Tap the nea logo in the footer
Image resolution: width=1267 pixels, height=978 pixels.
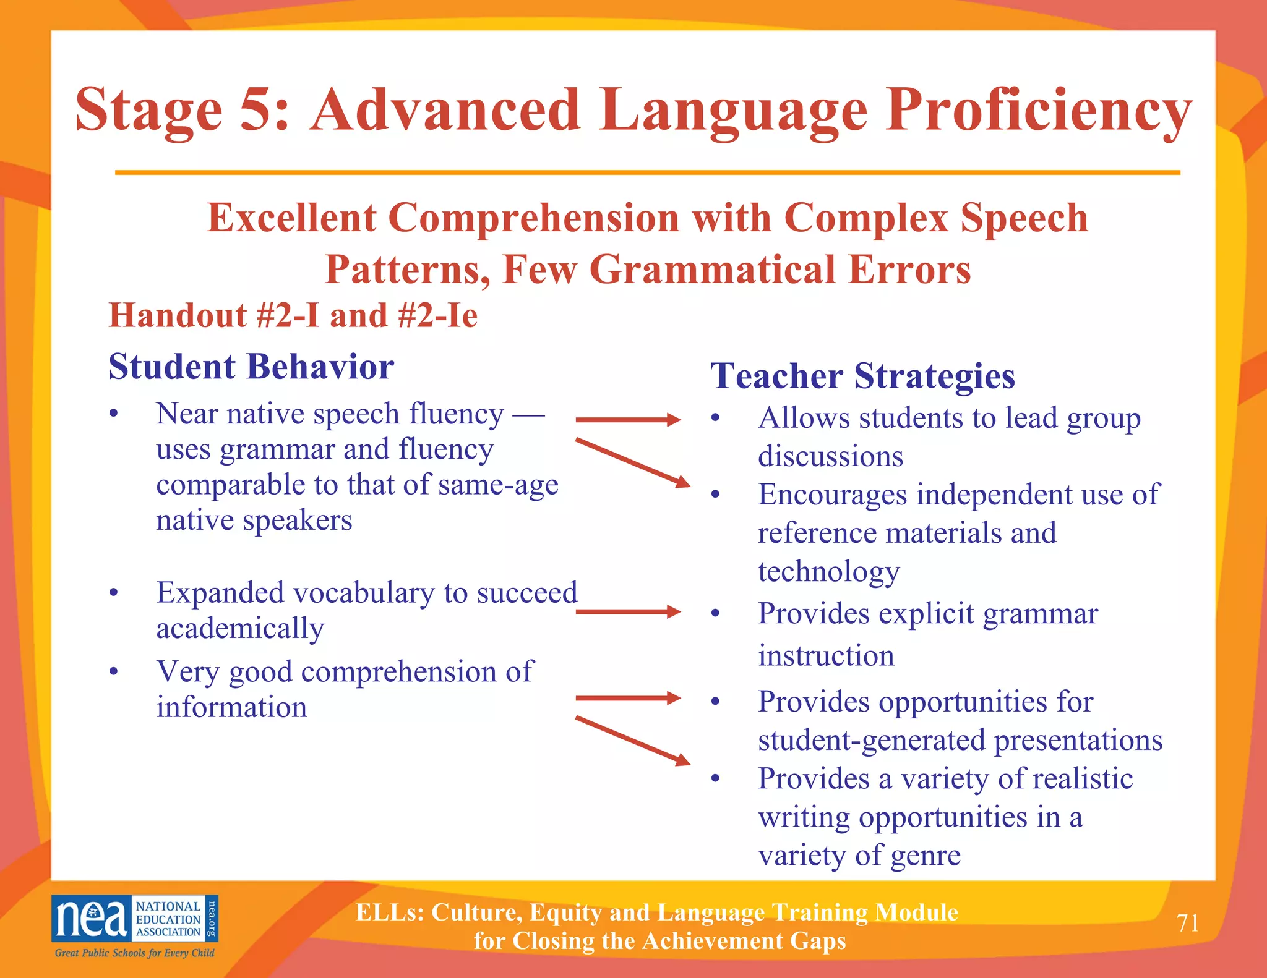[x=134, y=919]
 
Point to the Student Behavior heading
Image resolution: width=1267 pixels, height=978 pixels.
[x=251, y=367]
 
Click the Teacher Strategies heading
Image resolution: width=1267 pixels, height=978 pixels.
[x=862, y=376]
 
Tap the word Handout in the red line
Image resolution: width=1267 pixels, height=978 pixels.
[x=177, y=316]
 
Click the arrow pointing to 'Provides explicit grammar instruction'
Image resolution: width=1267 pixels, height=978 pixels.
[x=627, y=612]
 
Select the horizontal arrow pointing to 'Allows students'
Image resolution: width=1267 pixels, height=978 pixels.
[x=627, y=420]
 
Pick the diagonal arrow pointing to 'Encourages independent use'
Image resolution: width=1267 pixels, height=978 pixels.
[x=632, y=462]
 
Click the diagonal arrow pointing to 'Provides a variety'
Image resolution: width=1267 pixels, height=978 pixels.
[x=632, y=741]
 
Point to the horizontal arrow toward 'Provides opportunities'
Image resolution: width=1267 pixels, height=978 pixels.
[x=627, y=698]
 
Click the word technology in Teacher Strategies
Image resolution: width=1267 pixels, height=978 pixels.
[x=828, y=572]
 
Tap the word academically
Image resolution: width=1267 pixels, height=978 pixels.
[x=240, y=629]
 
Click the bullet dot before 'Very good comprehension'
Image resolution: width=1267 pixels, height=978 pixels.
[x=113, y=672]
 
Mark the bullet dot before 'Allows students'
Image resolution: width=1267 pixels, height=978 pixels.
[x=716, y=419]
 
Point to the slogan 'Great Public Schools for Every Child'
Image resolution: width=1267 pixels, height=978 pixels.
[x=134, y=953]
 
